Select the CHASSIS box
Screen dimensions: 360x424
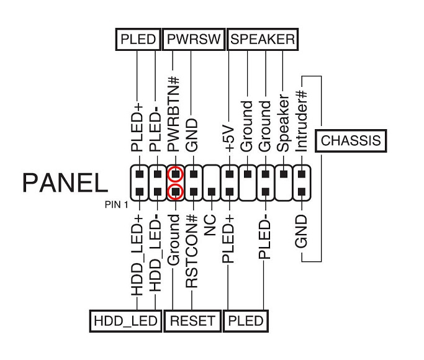(350, 141)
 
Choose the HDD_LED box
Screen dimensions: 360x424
(123, 321)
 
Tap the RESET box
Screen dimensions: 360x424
(192, 321)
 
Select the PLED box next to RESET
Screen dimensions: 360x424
(246, 321)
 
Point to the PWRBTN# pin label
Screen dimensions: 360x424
(174, 114)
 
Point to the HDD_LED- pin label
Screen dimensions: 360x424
(155, 252)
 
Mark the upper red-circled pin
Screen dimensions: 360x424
(176, 173)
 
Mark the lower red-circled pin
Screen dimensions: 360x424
(176, 191)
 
